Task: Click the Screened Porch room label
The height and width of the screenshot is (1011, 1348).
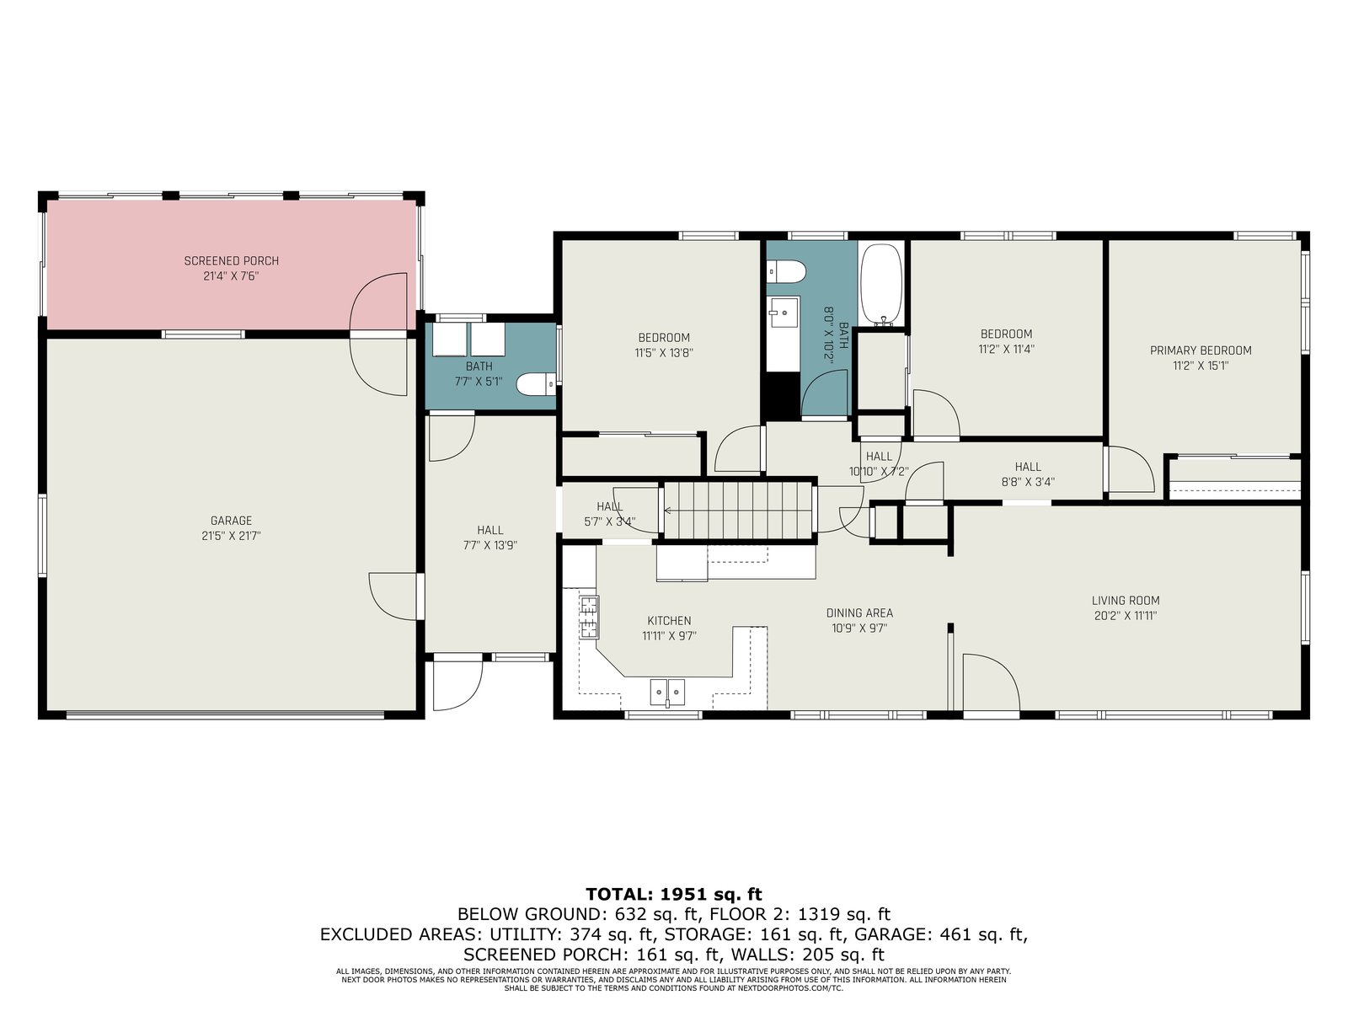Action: (232, 261)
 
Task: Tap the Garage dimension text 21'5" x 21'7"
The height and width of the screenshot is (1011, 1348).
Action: (232, 536)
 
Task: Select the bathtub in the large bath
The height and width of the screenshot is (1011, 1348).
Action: (881, 284)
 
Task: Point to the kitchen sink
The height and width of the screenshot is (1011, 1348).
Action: (667, 693)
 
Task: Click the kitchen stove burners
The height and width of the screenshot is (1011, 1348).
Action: (588, 617)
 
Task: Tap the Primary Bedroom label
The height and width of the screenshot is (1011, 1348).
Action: (1201, 350)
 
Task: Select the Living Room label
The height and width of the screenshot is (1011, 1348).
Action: (1126, 601)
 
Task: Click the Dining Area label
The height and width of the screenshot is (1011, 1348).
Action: (859, 612)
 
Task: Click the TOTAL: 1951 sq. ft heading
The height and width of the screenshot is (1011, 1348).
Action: (674, 894)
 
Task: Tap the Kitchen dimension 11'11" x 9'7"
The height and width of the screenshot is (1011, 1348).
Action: (670, 636)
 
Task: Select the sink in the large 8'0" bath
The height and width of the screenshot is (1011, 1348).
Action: (784, 313)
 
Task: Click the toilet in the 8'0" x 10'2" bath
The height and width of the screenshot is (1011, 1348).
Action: (786, 270)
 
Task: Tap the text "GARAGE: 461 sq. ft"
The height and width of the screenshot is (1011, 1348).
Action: (941, 934)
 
